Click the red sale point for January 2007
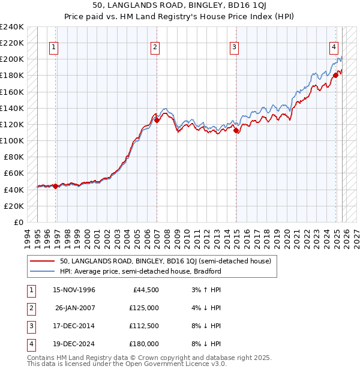(x=157, y=120)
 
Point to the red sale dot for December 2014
(x=236, y=130)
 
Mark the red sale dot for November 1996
(x=56, y=186)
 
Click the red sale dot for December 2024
(x=336, y=76)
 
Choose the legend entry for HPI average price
(x=140, y=271)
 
